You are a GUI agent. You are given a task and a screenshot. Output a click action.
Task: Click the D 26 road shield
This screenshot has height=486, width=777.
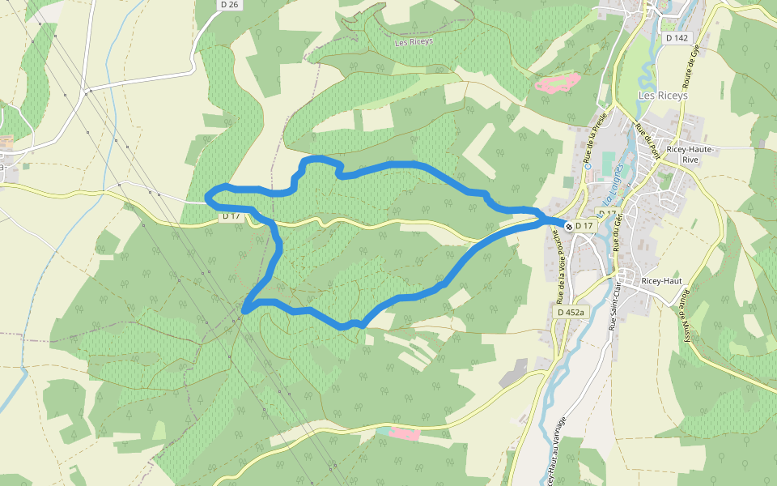[x=230, y=5]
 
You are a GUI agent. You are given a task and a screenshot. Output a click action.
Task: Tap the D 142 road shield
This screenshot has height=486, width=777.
[x=676, y=38]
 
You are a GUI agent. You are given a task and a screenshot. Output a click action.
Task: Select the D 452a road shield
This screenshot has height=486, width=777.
[x=571, y=312]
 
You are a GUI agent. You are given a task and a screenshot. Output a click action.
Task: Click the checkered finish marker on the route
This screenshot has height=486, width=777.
[x=569, y=225]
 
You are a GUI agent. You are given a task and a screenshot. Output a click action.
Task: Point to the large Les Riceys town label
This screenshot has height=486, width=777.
[x=663, y=95]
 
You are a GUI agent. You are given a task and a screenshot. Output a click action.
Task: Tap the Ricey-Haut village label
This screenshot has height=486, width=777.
[x=662, y=281]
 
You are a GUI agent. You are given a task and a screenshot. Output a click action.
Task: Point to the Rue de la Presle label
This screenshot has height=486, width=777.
[x=595, y=137]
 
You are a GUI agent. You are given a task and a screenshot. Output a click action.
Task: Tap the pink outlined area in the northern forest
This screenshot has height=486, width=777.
[x=557, y=83]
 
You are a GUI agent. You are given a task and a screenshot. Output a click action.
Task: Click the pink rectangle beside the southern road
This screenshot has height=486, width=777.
[x=404, y=434]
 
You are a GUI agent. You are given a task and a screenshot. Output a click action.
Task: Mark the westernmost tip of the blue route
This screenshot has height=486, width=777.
[x=206, y=195]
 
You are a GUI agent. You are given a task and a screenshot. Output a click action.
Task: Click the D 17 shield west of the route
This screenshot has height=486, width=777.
[x=231, y=216]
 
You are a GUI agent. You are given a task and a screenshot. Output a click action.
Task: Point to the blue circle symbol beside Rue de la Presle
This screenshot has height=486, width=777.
[x=588, y=167]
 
